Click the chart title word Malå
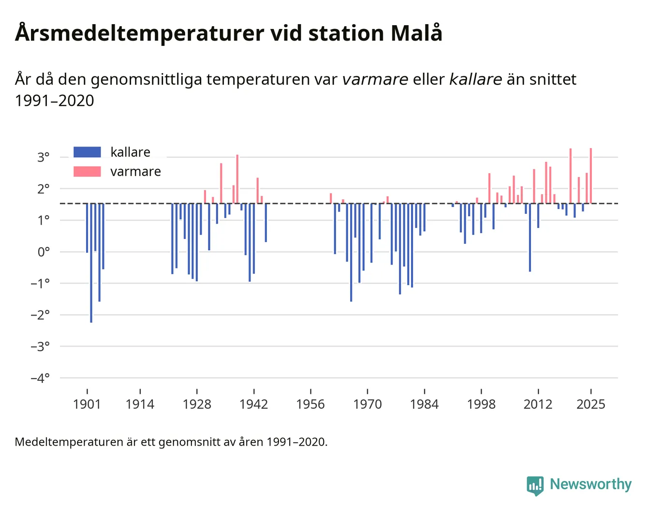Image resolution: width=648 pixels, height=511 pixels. point(416,33)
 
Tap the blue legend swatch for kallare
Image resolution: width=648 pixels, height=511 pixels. point(87,152)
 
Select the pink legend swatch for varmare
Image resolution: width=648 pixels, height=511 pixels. point(87,171)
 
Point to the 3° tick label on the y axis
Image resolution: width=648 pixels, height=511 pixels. point(44,157)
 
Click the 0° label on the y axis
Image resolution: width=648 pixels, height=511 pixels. point(44,252)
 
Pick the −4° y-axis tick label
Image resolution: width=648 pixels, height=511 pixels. point(40,378)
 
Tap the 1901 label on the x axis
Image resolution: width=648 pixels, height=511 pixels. point(87,404)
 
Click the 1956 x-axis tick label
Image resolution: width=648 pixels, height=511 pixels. point(310,404)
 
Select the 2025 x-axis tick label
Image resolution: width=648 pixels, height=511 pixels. point(590,404)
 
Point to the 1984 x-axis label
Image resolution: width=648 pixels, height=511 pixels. point(424,404)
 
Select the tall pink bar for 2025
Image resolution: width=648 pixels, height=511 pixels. point(590,175)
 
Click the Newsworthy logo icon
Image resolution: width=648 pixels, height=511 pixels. point(535,485)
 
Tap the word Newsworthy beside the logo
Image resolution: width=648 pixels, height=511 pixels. point(590,484)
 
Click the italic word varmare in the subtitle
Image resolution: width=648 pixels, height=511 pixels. point(375,79)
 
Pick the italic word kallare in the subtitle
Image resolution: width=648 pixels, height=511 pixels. point(475,79)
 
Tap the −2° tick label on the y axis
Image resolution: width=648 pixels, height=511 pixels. point(40,315)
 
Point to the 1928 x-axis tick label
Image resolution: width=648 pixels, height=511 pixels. point(197,404)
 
